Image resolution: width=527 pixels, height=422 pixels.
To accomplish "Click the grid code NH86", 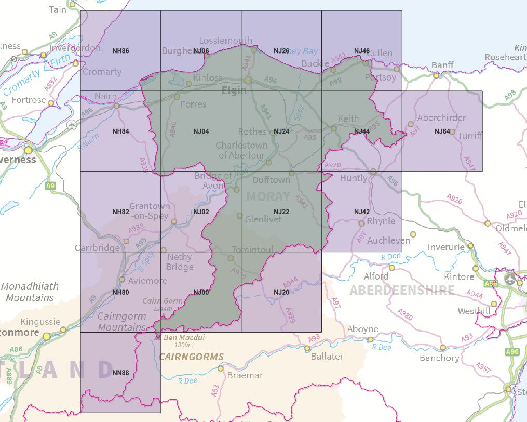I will (120, 51).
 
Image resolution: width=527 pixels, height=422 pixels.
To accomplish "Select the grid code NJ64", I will (442, 131).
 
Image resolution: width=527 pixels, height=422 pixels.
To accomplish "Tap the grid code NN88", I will (120, 373).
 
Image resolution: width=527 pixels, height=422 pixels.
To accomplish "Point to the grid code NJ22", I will (281, 212).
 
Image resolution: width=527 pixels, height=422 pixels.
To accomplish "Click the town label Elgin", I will (234, 90).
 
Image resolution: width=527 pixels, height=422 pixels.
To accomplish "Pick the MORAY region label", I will (268, 196).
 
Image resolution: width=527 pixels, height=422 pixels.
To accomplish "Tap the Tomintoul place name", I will (252, 250).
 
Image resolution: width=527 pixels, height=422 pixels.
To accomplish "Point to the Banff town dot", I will (437, 75).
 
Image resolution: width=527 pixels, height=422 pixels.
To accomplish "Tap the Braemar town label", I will (246, 375).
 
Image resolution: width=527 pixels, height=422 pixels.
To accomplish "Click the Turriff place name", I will (470, 136).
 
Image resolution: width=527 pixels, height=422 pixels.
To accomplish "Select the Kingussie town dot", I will (63, 329).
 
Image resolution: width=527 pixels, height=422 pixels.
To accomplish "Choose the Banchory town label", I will (439, 358).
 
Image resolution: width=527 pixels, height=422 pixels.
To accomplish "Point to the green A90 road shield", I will (512, 352).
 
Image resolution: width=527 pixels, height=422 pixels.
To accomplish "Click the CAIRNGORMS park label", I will (192, 357).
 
